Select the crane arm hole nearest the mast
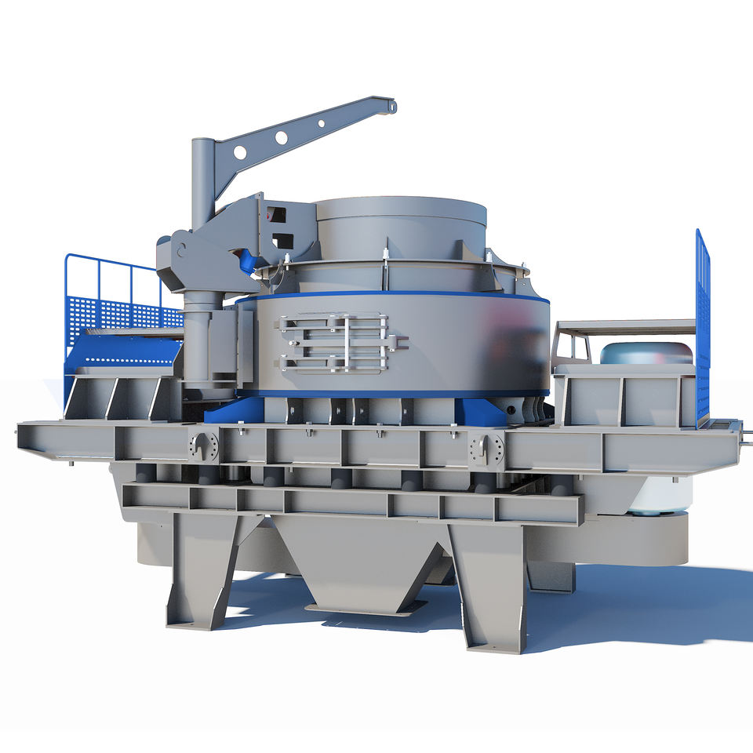click(x=240, y=151)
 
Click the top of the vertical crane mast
click(x=202, y=143)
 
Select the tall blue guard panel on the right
click(x=702, y=329)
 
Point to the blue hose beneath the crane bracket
click(x=249, y=261)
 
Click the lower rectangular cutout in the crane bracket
click(x=282, y=241)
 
